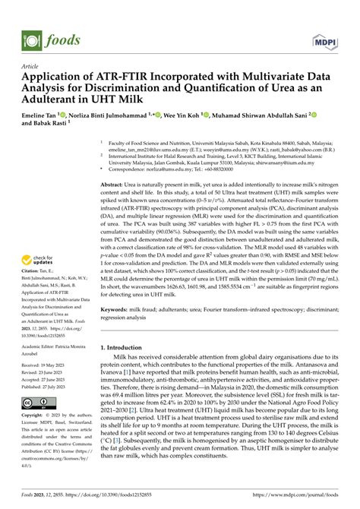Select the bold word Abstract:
click(114, 184)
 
